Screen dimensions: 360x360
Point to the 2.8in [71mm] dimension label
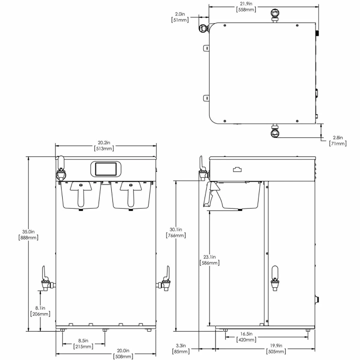click(x=338, y=141)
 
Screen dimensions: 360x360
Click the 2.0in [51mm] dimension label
click(x=180, y=17)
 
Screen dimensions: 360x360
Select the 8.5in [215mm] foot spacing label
click(x=83, y=343)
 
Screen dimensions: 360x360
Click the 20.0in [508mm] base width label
click(x=123, y=354)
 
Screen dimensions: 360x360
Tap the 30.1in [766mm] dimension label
click(x=176, y=232)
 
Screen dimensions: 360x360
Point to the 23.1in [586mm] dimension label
click(x=209, y=260)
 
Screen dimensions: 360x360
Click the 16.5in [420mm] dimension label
click(x=246, y=337)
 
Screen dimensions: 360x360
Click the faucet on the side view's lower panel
click(x=275, y=279)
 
